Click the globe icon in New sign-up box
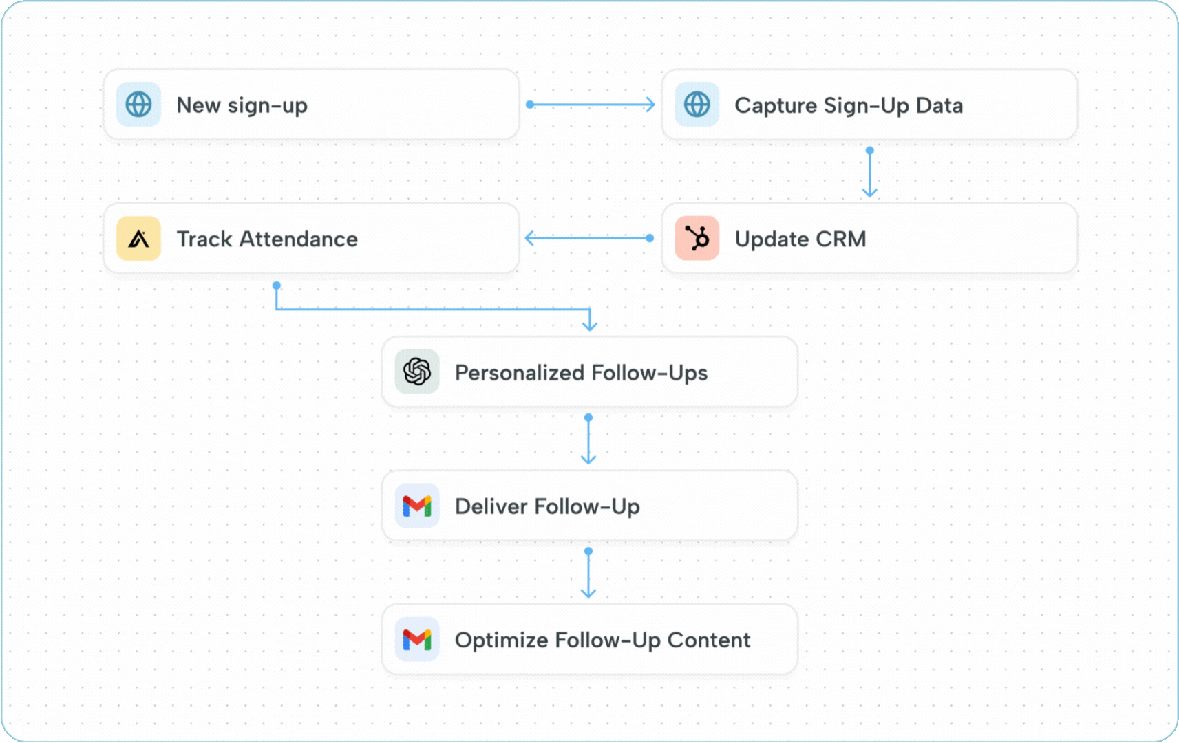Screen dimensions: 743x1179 pyautogui.click(x=138, y=105)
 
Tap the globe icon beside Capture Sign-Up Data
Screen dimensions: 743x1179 pyautogui.click(x=697, y=105)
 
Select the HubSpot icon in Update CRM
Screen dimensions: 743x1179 pyautogui.click(x=697, y=239)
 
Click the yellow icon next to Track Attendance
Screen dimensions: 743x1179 pyautogui.click(x=138, y=239)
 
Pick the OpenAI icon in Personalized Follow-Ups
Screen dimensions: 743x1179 pyautogui.click(x=417, y=372)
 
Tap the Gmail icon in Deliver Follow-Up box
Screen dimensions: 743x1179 pyautogui.click(x=417, y=506)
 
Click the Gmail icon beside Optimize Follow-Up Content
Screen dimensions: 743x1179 pyautogui.click(x=417, y=640)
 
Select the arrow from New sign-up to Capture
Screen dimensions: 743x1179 pyautogui.click(x=591, y=105)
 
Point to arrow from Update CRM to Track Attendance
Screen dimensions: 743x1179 pyautogui.click(x=589, y=238)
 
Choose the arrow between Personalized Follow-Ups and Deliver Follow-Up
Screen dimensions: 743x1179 pyautogui.click(x=588, y=440)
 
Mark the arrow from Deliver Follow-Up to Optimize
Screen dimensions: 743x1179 pyautogui.click(x=588, y=574)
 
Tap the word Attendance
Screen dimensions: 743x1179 pyautogui.click(x=298, y=239)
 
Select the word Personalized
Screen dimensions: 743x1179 pyautogui.click(x=519, y=372)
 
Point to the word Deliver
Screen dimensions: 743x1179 pyautogui.click(x=491, y=506)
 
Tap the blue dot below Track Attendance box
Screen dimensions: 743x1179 pyautogui.click(x=276, y=285)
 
